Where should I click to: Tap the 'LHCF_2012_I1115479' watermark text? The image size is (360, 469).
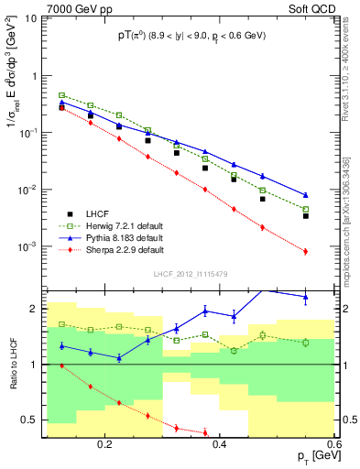(x=190, y=275)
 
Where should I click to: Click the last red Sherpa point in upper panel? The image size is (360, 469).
(x=306, y=251)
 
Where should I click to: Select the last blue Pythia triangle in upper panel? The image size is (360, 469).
(x=306, y=195)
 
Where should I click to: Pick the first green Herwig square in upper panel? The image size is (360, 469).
(x=62, y=95)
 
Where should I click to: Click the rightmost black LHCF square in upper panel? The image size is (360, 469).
(x=306, y=216)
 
